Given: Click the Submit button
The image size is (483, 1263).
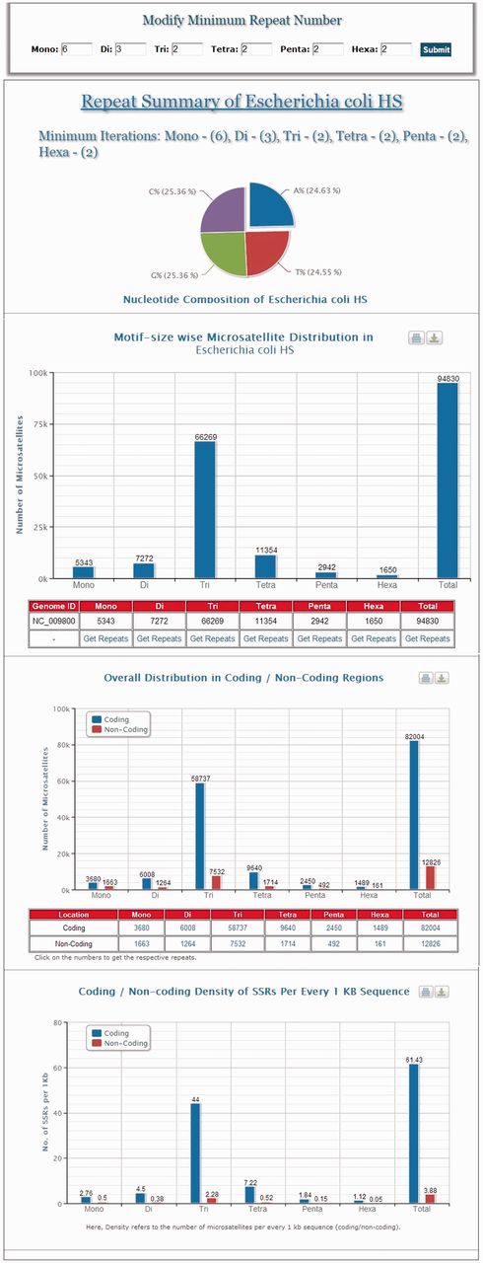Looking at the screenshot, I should click(435, 49).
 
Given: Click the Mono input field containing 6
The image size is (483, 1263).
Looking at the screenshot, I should click(76, 48).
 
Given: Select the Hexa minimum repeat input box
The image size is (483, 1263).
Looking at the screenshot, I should click(396, 48).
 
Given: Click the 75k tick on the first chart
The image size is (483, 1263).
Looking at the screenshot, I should click(38, 424).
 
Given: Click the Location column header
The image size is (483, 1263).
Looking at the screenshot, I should click(74, 915).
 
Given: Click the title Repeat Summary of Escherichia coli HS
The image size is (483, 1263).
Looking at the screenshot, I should click(241, 101).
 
